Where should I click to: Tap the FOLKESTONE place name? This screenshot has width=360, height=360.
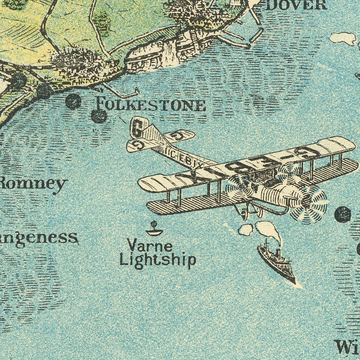coord(151,105)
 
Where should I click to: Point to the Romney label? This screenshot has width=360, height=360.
coord(33,184)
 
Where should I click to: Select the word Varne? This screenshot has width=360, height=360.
coord(149,245)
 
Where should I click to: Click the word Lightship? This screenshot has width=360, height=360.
coord(158,260)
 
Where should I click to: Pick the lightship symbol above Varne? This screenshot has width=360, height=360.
coord(154,230)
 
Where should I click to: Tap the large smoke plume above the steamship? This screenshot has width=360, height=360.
coord(268,229)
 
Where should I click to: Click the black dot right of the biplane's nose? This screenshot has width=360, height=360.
coord(343,214)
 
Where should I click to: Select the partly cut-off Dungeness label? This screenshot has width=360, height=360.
coord(38,238)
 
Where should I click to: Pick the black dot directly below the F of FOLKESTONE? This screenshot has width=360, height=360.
coord(99,116)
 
